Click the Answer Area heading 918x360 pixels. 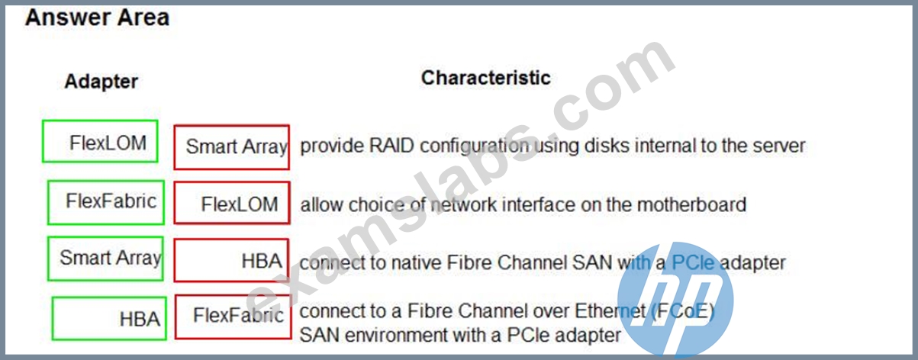[97, 18]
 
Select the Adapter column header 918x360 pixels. [101, 82]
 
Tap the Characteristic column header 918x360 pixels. [485, 78]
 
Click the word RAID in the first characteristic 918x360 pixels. [391, 146]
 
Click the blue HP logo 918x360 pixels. [675, 299]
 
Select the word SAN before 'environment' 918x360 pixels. [319, 335]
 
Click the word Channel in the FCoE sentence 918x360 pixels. [491, 311]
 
